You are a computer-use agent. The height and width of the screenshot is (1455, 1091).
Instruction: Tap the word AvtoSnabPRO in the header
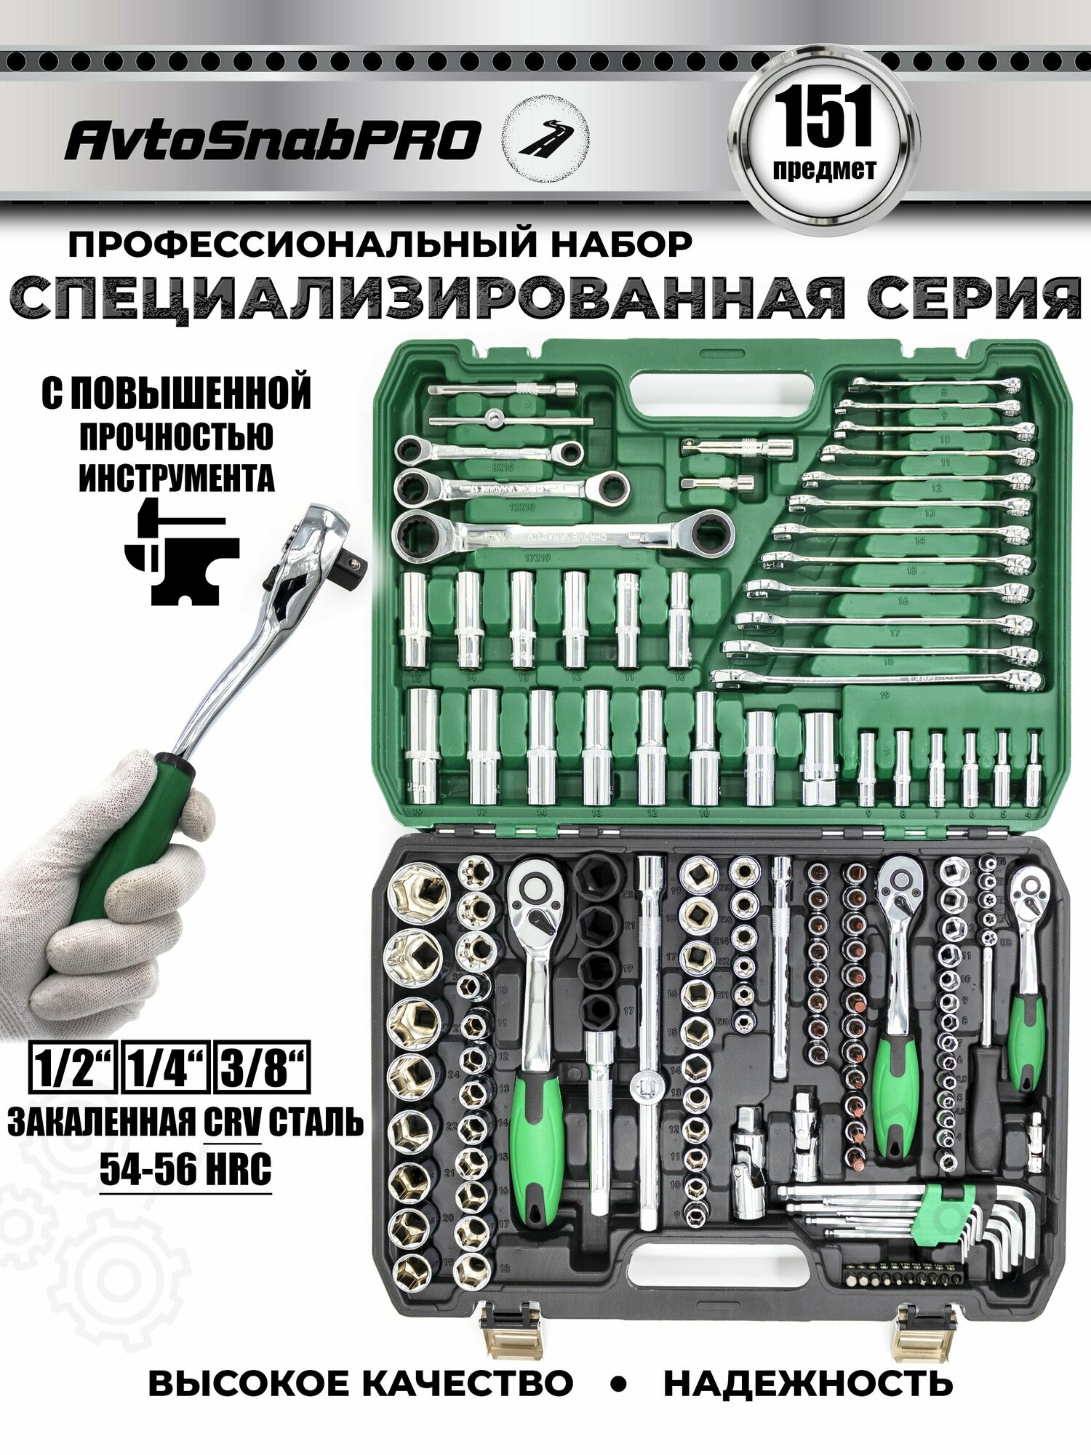273,140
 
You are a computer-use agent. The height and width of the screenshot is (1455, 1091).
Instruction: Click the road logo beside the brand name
547,138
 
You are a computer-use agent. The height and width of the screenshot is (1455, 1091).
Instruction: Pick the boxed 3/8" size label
262,1068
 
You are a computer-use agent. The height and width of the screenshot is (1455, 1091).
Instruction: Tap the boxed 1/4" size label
167,1068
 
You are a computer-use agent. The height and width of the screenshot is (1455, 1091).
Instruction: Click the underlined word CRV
232,1122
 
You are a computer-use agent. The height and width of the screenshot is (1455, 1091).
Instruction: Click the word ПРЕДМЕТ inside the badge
825,170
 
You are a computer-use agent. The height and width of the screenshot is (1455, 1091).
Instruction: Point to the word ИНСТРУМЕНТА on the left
177,478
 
